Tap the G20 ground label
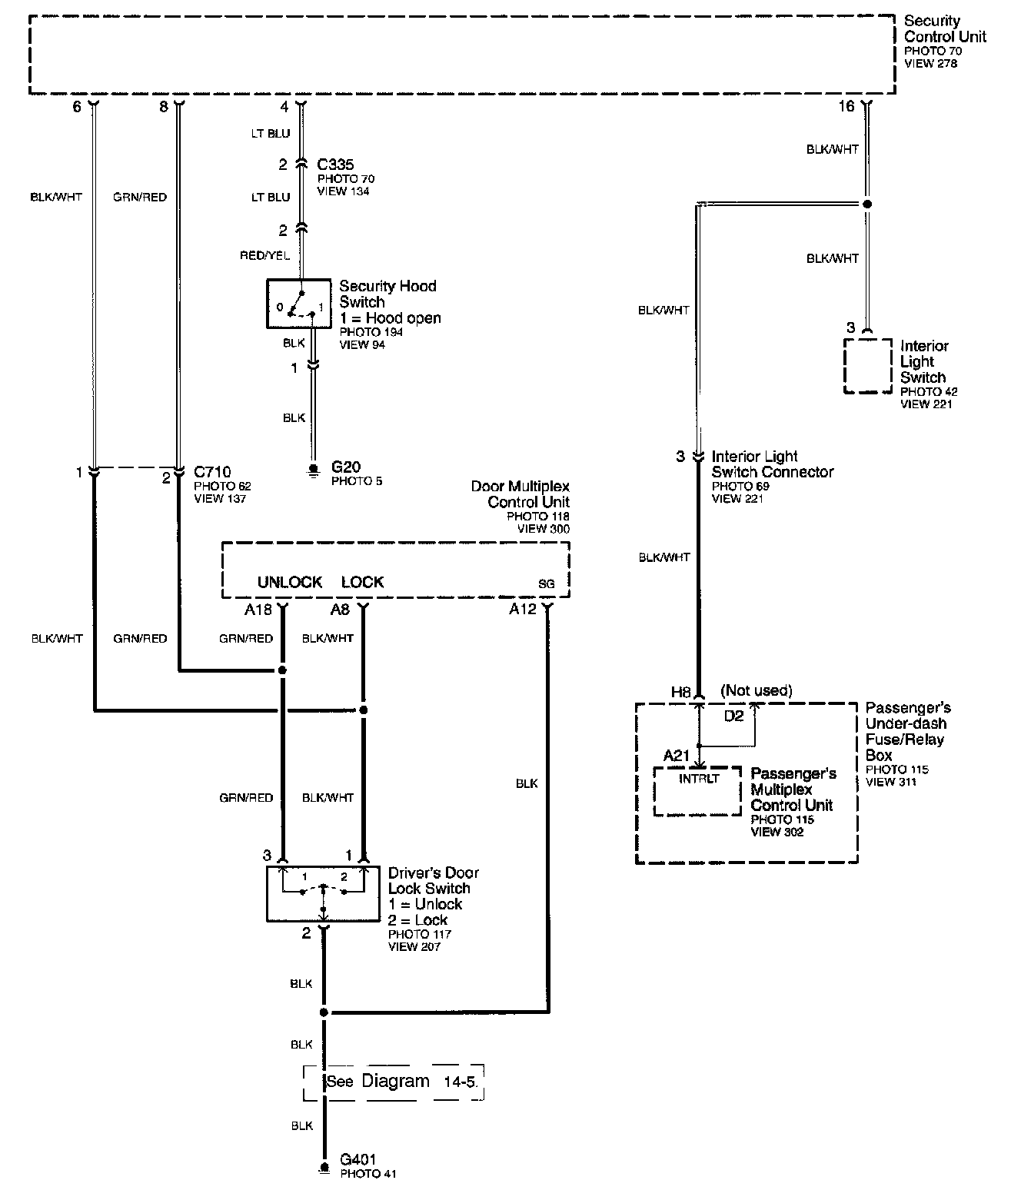(345, 467)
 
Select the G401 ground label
(358, 1159)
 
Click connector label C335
(335, 165)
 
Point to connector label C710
(212, 472)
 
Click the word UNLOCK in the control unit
(290, 582)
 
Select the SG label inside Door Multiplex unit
(546, 583)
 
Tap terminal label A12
(522, 609)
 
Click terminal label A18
(258, 609)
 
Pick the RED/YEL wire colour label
(265, 255)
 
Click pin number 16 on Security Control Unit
(846, 106)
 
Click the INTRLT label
(699, 779)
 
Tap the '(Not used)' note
(756, 690)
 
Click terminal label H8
(680, 691)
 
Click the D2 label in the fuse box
(733, 716)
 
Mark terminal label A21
(676, 756)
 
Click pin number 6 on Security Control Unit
(77, 107)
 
